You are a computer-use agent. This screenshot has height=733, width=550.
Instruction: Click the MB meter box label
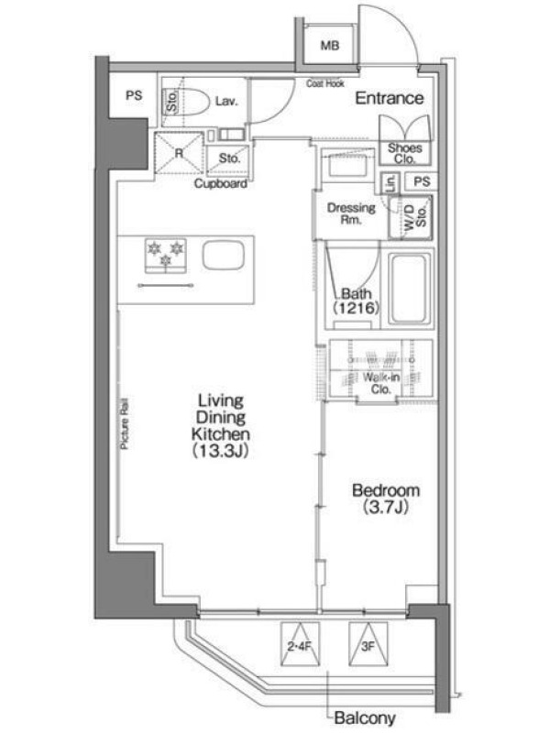click(330, 45)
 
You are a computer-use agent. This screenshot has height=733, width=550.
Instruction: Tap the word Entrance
click(390, 98)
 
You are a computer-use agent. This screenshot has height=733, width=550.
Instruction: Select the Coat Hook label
click(325, 83)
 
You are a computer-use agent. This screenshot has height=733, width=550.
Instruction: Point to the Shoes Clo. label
click(404, 153)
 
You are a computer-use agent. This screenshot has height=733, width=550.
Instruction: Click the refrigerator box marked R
click(179, 153)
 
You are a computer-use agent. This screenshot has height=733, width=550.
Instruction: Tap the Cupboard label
click(221, 183)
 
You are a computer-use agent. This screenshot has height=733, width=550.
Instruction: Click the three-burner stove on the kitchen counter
click(166, 256)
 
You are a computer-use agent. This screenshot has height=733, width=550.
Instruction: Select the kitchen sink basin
click(223, 256)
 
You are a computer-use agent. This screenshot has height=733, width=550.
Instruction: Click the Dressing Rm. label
click(351, 213)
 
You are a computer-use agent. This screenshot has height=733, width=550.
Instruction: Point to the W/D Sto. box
click(411, 217)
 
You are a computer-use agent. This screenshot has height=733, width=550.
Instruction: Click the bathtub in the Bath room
click(409, 289)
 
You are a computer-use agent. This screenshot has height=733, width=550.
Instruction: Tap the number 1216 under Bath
click(356, 308)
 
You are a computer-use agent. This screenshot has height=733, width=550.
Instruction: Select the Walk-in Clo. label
click(381, 383)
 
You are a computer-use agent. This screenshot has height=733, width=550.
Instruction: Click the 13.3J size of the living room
click(220, 451)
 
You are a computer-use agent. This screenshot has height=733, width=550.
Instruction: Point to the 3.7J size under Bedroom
click(386, 507)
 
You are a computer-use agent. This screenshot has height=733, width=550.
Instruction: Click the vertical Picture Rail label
click(125, 424)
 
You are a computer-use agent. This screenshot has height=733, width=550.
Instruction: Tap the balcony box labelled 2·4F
click(300, 644)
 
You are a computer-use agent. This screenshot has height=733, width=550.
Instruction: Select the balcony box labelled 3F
click(368, 644)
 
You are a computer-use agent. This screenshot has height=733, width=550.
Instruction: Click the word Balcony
click(365, 717)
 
